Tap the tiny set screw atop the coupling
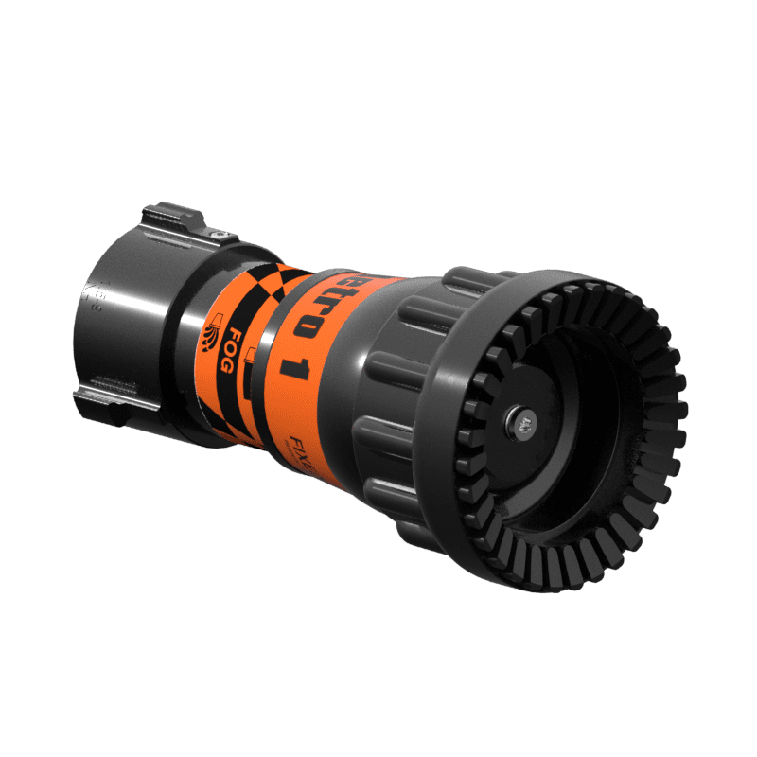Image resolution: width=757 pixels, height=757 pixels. click(218, 235)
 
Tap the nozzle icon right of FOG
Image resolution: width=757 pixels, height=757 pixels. click(250, 358)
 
